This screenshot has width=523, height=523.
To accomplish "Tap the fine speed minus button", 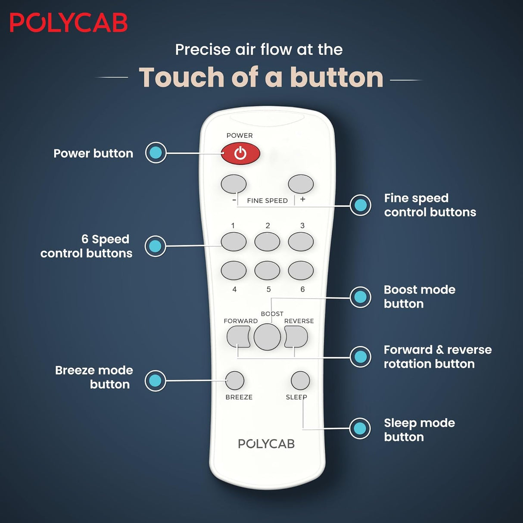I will pyautogui.click(x=233, y=184).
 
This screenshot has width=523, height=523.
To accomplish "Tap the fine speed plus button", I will pyautogui.click(x=301, y=184).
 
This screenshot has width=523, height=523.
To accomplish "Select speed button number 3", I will pyautogui.click(x=301, y=242).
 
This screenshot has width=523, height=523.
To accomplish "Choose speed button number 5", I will pyautogui.click(x=267, y=271).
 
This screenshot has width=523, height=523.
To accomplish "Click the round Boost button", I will pyautogui.click(x=267, y=336).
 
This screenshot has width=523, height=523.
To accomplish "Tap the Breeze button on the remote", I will pyautogui.click(x=235, y=380).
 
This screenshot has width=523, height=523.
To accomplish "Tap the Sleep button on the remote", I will pyautogui.click(x=300, y=380).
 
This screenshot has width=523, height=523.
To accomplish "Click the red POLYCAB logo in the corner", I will pyautogui.click(x=68, y=22).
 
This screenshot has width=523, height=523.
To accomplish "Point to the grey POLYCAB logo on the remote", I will pyautogui.click(x=266, y=444).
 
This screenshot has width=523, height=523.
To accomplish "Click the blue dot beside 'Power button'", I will pyautogui.click(x=156, y=153).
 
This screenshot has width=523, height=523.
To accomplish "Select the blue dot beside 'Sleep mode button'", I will pyautogui.click(x=360, y=428).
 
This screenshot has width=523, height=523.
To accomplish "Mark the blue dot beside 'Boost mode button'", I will pyautogui.click(x=360, y=297).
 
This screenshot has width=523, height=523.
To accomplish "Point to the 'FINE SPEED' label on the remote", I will pyautogui.click(x=267, y=201).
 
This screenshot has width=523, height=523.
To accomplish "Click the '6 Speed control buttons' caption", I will pyautogui.click(x=86, y=246).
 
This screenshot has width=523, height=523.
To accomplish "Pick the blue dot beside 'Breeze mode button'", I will pyautogui.click(x=155, y=380).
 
